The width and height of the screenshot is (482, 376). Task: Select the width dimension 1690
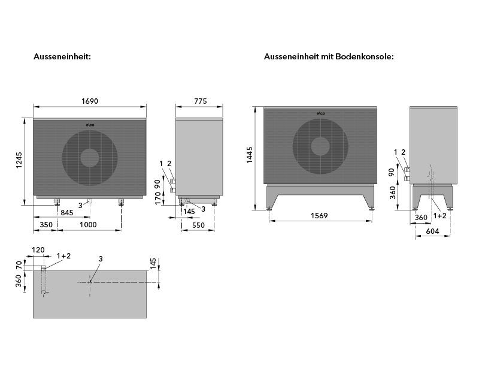pos(89,101)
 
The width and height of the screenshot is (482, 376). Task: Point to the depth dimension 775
pos(200,101)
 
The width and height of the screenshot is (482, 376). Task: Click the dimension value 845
pos(67,212)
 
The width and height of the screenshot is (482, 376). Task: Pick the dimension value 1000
pos(88,224)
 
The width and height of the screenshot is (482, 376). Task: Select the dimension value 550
pos(199,224)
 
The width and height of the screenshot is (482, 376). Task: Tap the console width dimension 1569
pos(319,216)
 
